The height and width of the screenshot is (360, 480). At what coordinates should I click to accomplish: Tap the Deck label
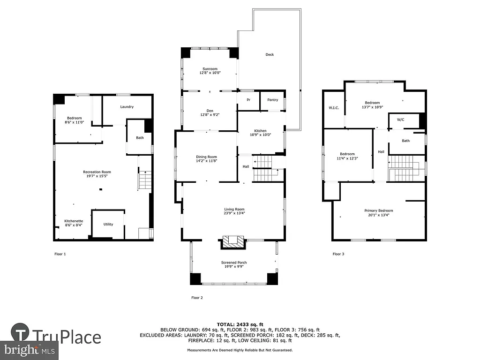click(270, 55)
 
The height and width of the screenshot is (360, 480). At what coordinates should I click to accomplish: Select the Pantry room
click(272, 100)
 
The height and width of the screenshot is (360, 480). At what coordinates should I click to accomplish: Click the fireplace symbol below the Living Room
click(233, 242)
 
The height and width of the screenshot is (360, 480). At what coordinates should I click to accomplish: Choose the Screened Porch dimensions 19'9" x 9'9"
click(234, 267)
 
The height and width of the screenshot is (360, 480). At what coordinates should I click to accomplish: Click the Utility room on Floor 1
click(108, 225)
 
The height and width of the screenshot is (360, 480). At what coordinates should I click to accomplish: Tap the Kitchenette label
click(74, 221)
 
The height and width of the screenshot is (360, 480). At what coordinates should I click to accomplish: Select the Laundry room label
click(127, 107)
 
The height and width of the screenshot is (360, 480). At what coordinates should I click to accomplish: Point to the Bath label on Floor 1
click(140, 138)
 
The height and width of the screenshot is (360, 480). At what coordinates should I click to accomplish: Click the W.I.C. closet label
click(334, 108)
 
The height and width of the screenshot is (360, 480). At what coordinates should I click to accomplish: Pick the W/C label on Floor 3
click(401, 120)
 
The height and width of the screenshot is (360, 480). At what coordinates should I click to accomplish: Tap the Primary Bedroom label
click(379, 210)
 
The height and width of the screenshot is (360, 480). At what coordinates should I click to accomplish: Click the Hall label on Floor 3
click(381, 151)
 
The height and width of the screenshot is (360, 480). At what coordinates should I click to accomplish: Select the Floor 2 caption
click(197, 298)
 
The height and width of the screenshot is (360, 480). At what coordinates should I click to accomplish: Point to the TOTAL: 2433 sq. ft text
click(240, 324)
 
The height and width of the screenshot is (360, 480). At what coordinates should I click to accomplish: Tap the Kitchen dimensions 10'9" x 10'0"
click(260, 135)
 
